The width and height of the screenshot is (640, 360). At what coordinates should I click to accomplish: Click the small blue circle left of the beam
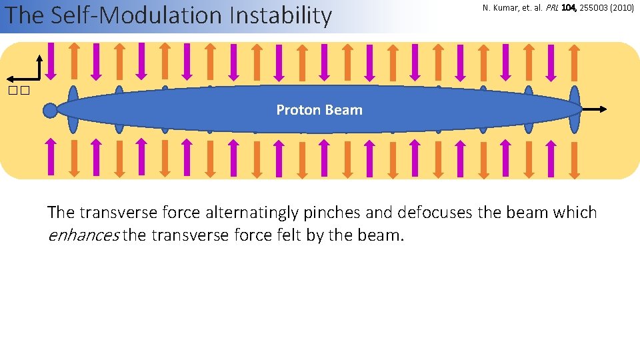pyautogui.click(x=50, y=110)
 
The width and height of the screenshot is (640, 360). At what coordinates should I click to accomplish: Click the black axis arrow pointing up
pyautogui.click(x=41, y=67)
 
